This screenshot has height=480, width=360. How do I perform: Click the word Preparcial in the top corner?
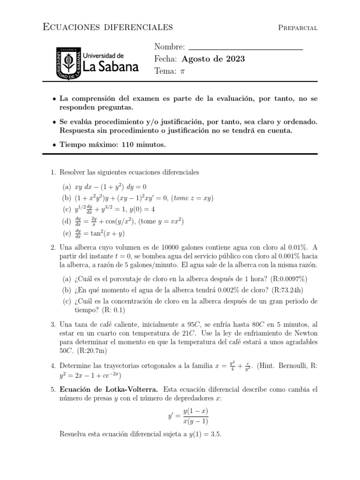tap(298, 28)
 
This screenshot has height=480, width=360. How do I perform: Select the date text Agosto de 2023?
tap(213, 59)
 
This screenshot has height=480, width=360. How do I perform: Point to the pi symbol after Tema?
tap(183, 71)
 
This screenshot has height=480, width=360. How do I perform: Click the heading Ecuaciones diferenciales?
tap(108, 27)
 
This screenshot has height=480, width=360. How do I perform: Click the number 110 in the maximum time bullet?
tap(129, 145)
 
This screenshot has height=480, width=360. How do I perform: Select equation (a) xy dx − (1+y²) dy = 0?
tap(111, 187)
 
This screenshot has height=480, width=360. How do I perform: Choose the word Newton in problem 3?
tap(306, 333)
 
